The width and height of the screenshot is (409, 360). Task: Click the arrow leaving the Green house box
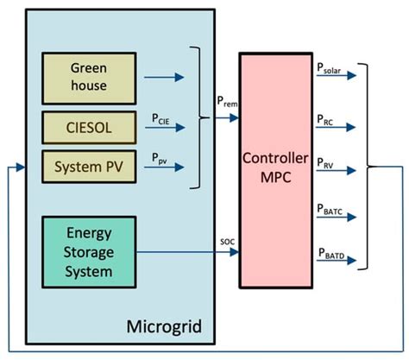[x=164, y=78]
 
